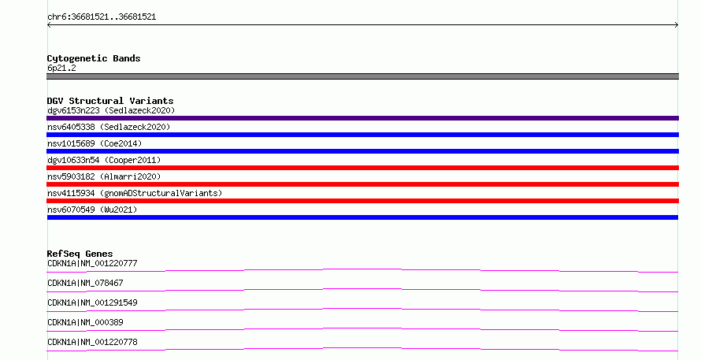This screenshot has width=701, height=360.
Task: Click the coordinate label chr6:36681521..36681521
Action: (x=102, y=17)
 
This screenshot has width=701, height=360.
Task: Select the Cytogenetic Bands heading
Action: (x=94, y=58)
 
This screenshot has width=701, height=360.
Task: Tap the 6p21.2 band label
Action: (x=61, y=68)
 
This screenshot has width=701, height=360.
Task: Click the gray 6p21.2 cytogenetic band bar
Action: (x=362, y=76)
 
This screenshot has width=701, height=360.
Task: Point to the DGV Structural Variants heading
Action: (x=110, y=101)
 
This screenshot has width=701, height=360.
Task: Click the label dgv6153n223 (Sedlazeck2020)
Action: (x=111, y=110)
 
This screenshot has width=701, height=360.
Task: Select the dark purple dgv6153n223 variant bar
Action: (x=362, y=118)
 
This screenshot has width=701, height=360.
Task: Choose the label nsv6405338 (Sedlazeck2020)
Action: (x=109, y=127)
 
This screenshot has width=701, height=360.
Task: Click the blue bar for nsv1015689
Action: (x=362, y=151)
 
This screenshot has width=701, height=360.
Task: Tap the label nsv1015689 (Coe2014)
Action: (x=95, y=143)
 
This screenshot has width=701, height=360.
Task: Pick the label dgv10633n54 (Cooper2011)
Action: (x=104, y=160)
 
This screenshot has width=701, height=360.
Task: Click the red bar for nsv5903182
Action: (x=362, y=184)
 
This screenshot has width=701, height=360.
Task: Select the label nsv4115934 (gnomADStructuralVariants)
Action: (x=135, y=193)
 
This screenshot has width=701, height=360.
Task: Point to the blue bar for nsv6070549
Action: (x=362, y=217)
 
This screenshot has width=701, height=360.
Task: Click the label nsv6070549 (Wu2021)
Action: (x=92, y=210)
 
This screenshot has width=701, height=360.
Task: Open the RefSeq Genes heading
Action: (x=80, y=254)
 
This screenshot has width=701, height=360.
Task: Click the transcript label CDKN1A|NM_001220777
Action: (x=92, y=263)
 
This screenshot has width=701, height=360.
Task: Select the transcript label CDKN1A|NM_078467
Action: (x=85, y=283)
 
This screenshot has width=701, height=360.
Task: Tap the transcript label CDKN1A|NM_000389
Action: (x=85, y=322)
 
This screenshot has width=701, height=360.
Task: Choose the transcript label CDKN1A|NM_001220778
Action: (x=92, y=342)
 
